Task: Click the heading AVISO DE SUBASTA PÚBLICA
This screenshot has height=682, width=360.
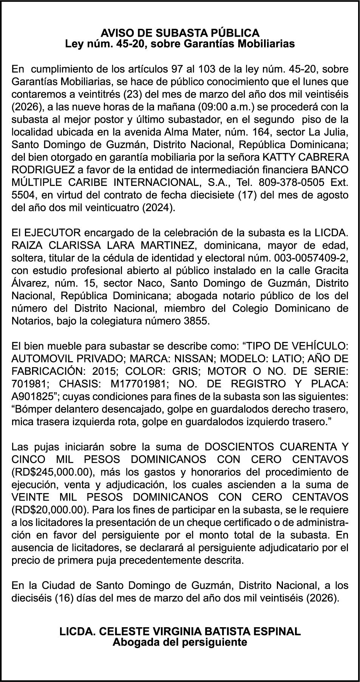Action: pos(180,32)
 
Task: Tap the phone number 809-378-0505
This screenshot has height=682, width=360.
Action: pos(291,183)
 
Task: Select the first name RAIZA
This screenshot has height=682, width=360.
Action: pos(28,246)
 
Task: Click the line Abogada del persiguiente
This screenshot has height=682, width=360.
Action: pos(180,642)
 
